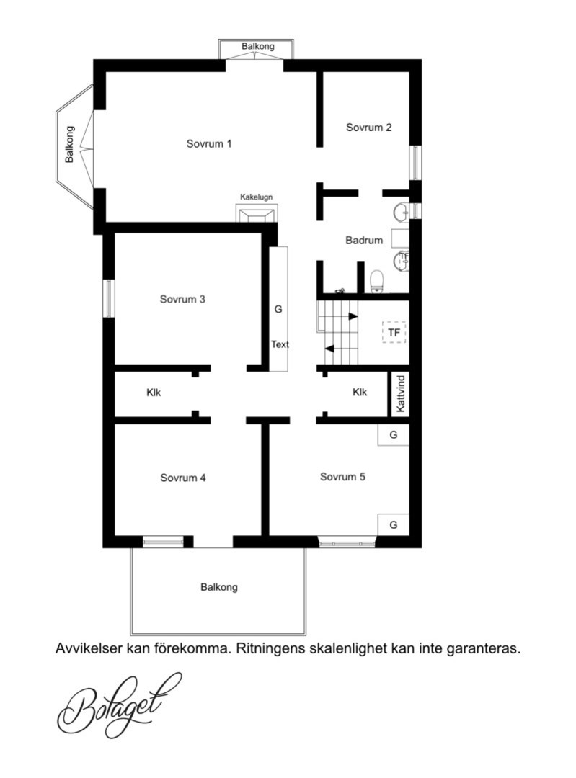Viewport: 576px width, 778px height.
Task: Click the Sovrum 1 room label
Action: pos(208,144)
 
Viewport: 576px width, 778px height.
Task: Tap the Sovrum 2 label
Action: pos(368,128)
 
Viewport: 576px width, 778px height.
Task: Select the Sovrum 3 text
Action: pos(182,299)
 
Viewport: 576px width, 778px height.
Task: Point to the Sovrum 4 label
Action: pos(182,478)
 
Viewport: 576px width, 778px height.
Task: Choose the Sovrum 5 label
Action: pos(342,477)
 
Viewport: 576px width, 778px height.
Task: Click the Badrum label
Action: pos(364,241)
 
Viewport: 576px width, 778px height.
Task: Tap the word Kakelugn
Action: pos(256,197)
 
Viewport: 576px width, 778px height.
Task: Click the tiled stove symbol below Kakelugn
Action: pos(256,214)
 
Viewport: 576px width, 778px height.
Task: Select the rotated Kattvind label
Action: pos(402,394)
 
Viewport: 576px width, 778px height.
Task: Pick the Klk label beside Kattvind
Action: pos(360,393)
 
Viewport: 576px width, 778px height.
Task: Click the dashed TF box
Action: pos(394,332)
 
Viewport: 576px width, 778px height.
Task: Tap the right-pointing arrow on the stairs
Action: pos(353,316)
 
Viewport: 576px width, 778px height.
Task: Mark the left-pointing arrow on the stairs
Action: pos(330,349)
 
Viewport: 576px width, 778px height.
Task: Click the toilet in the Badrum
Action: pos(377,281)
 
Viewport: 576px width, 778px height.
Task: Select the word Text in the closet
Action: pos(280,344)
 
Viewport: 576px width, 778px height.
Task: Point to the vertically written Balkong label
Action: pos(69,144)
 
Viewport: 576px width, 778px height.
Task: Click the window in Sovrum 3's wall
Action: pos(109,298)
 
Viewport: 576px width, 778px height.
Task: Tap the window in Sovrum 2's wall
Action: pos(416,162)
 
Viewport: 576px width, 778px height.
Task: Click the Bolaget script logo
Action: pos(119,705)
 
